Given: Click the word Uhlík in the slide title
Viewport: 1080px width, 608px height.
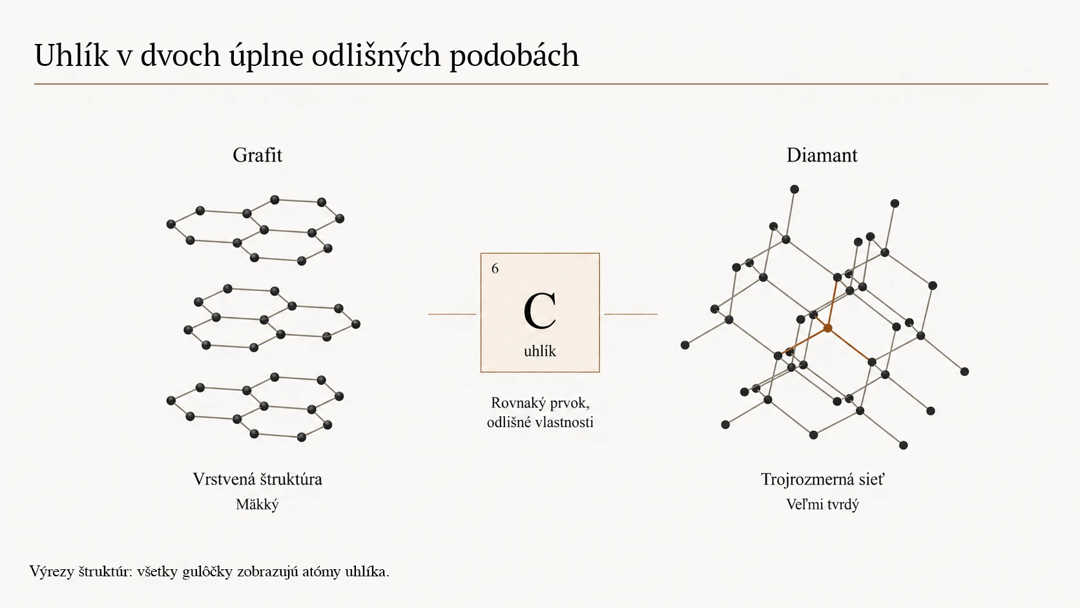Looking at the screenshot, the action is click(x=71, y=55).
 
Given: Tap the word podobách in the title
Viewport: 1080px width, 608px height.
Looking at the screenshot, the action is click(x=514, y=56).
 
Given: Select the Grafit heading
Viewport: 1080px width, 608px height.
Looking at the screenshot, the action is click(x=258, y=155).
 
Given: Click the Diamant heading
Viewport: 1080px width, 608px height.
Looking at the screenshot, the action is click(x=822, y=155).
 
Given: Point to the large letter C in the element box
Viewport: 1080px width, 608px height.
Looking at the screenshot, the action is click(x=540, y=311).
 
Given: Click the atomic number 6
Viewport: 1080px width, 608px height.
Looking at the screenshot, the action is click(x=495, y=269).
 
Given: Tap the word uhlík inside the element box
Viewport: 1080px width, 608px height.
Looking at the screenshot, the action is click(x=540, y=351).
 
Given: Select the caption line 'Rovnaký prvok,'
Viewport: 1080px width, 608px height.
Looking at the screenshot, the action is click(x=540, y=403).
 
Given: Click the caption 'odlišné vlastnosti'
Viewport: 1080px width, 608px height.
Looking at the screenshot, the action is click(x=540, y=423).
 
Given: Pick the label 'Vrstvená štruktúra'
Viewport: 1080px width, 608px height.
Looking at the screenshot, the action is click(x=258, y=479).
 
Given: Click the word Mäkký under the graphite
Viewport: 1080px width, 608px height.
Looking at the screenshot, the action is click(x=258, y=505).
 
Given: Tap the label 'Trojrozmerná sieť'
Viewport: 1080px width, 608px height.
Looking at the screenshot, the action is click(x=822, y=479).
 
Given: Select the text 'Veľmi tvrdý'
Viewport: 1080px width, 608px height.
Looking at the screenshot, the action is click(x=822, y=505).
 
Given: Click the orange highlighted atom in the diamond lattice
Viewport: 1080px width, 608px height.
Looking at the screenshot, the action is click(x=828, y=328).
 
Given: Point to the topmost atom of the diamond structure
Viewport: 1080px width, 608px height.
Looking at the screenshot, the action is click(x=794, y=189).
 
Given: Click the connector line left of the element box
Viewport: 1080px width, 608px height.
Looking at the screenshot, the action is click(x=452, y=314).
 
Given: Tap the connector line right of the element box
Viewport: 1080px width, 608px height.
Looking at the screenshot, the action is click(x=630, y=314).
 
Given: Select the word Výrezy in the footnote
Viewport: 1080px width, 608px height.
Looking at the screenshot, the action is click(x=52, y=572).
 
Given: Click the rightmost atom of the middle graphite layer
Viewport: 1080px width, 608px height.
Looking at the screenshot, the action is click(x=356, y=324).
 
